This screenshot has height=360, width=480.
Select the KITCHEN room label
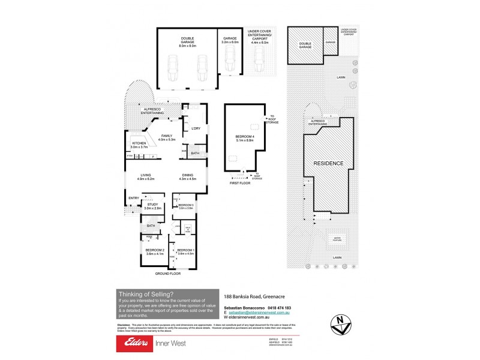[x=140, y=145]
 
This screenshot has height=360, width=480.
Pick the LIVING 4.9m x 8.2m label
[x=146, y=177]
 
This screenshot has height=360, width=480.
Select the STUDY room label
[x=152, y=206]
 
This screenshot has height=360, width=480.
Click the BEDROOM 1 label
[x=185, y=251]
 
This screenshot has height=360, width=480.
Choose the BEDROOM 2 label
[x=155, y=251]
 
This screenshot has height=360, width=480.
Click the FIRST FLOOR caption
[x=239, y=184]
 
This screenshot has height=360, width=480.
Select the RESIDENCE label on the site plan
[x=327, y=163]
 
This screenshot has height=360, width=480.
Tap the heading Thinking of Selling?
[x=146, y=293]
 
